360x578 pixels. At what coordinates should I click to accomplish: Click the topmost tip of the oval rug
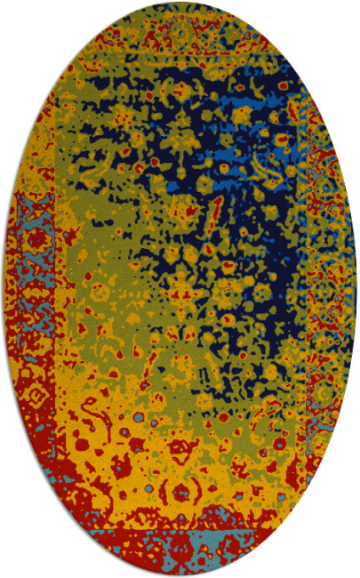(x=180, y=4)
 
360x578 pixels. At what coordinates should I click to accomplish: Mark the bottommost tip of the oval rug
(x=180, y=574)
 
